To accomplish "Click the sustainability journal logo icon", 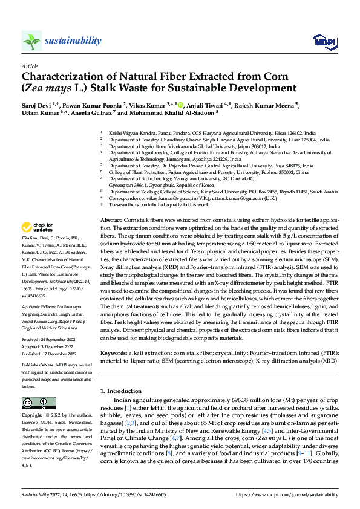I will (31, 41).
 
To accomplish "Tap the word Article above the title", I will (28, 65).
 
